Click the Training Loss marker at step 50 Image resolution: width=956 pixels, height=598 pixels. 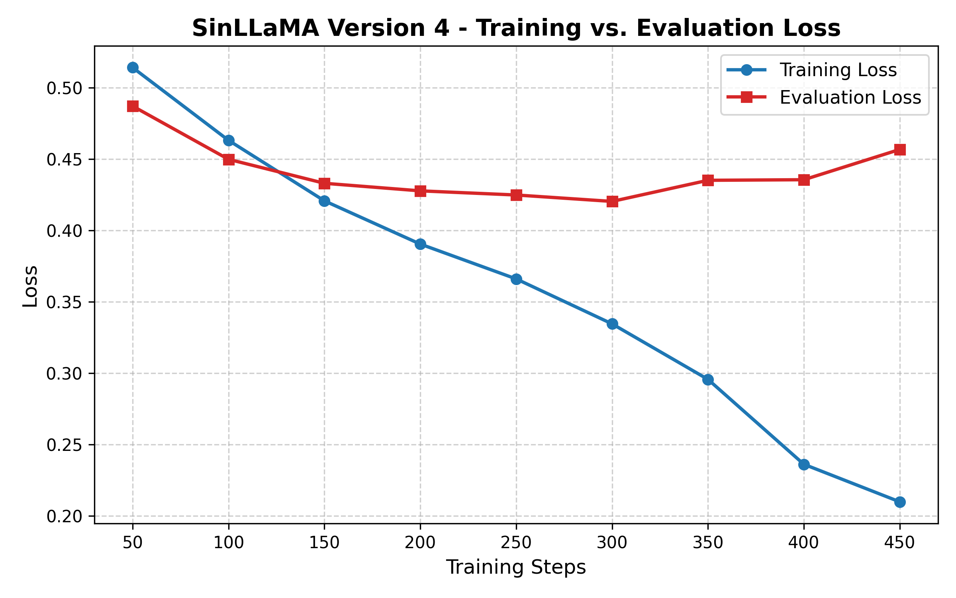(x=133, y=67)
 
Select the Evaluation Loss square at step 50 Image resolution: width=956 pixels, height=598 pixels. (x=133, y=106)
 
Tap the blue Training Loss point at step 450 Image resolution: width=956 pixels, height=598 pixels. (x=900, y=502)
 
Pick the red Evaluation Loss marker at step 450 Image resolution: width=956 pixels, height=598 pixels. (x=900, y=149)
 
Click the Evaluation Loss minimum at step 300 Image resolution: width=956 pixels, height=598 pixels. (x=612, y=201)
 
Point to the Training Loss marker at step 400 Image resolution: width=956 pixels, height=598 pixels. (x=804, y=464)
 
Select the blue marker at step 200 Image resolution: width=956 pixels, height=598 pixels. (x=420, y=244)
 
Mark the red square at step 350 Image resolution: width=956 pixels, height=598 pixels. (x=708, y=180)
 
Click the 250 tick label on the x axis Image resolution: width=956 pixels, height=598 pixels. (x=516, y=543)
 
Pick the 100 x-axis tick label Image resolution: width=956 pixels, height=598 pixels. (x=228, y=543)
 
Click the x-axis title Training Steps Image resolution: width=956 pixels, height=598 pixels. (x=516, y=567)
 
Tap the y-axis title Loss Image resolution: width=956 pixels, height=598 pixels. (x=30, y=286)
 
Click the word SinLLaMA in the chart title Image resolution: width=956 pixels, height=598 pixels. (x=255, y=28)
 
